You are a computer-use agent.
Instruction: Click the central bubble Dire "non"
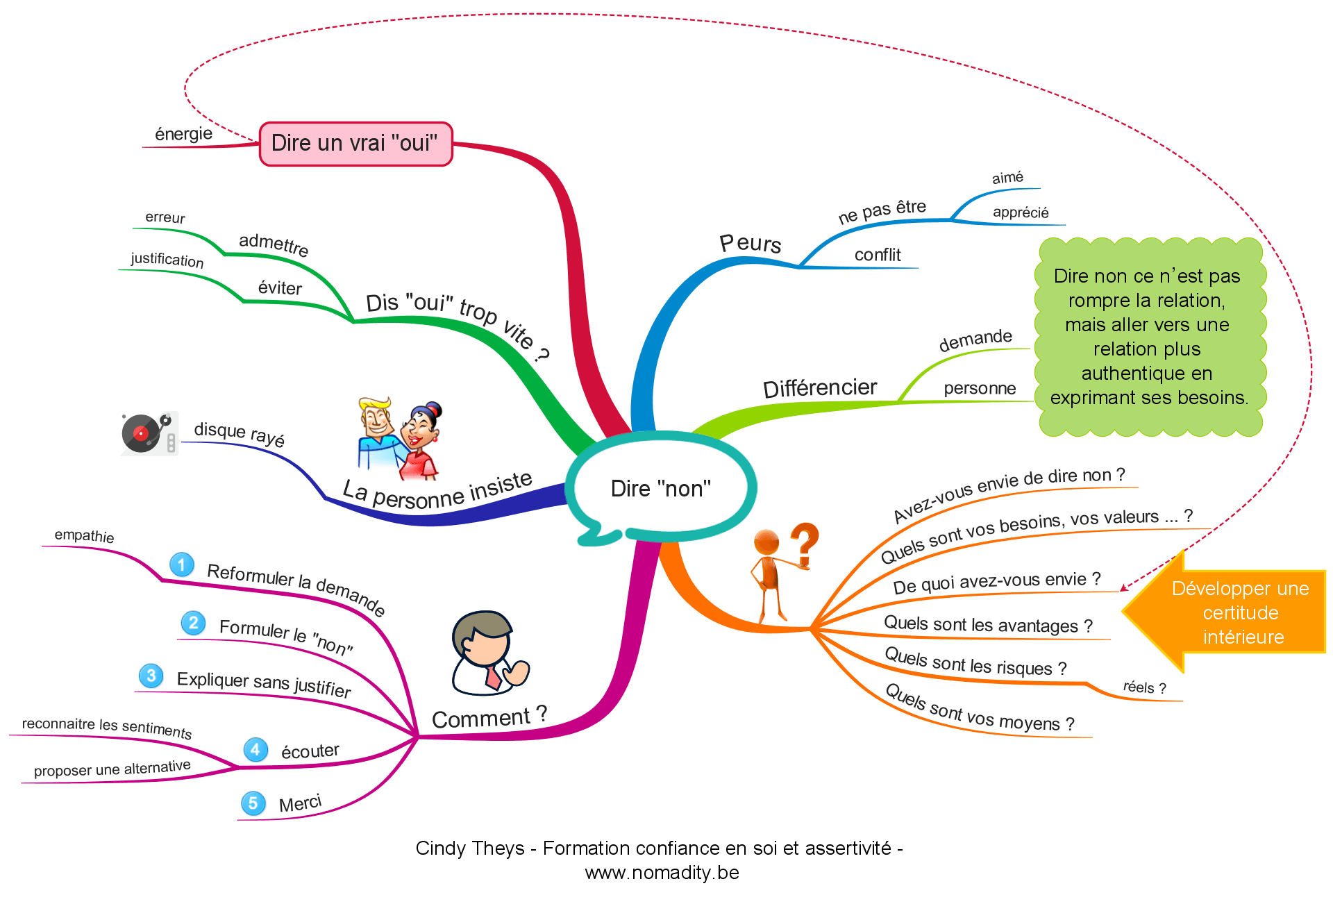[660, 488]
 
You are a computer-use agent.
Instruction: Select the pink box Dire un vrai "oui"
[355, 144]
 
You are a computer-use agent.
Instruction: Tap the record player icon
[149, 433]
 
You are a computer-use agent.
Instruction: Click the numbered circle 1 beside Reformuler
[182, 564]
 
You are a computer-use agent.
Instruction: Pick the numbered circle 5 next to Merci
[253, 803]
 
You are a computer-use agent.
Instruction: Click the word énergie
[183, 133]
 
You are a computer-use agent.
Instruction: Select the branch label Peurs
[750, 243]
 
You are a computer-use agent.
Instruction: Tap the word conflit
[878, 255]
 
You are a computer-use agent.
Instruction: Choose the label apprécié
[1020, 212]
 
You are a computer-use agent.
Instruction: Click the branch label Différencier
[819, 387]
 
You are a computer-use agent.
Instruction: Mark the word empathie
[84, 535]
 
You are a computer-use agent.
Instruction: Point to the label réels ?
[1144, 687]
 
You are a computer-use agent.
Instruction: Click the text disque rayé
[239, 434]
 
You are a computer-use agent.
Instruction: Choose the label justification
[167, 260]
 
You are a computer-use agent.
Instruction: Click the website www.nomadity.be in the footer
[662, 873]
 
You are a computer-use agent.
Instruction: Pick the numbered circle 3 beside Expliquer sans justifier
[151, 676]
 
